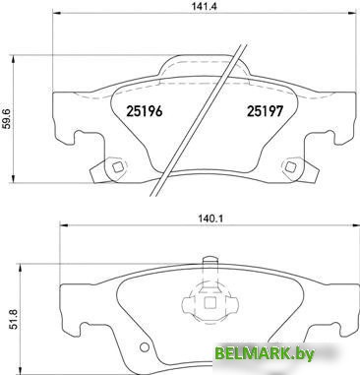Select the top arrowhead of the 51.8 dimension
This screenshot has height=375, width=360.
pos(21,268)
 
